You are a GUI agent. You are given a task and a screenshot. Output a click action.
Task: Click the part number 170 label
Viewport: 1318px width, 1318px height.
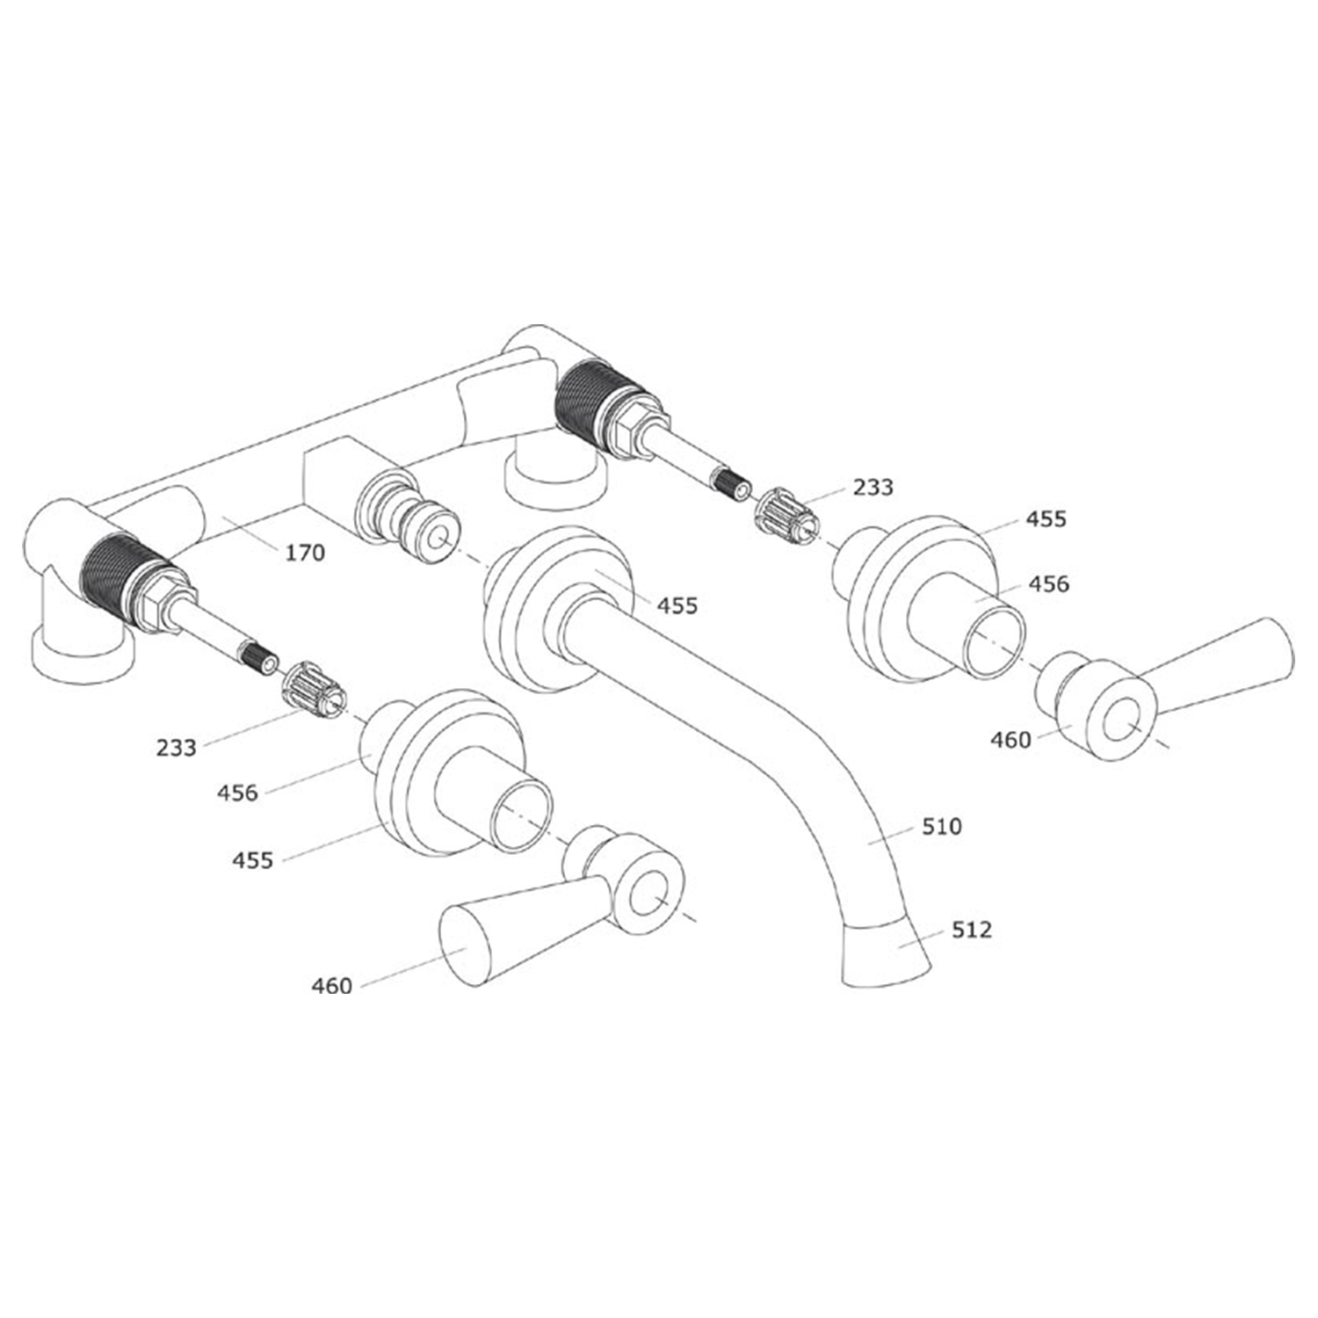coord(305,553)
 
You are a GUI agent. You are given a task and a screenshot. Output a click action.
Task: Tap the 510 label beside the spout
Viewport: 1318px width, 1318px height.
coord(942,826)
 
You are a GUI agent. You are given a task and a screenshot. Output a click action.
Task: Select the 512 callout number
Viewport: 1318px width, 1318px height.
coord(971,929)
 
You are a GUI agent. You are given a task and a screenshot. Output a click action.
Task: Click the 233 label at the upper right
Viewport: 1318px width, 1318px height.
coord(873,486)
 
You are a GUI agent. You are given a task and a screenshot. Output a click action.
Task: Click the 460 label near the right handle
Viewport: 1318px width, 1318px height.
coord(1010,740)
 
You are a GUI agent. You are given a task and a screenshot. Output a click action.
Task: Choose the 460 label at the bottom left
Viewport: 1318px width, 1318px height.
coord(331,986)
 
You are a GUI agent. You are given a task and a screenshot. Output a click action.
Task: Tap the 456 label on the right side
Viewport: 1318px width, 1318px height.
coord(1048,583)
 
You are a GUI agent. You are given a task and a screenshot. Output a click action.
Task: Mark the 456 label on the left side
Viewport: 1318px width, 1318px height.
coord(238,793)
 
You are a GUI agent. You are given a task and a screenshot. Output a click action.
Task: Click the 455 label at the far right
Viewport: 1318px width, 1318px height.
coord(1046,518)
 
